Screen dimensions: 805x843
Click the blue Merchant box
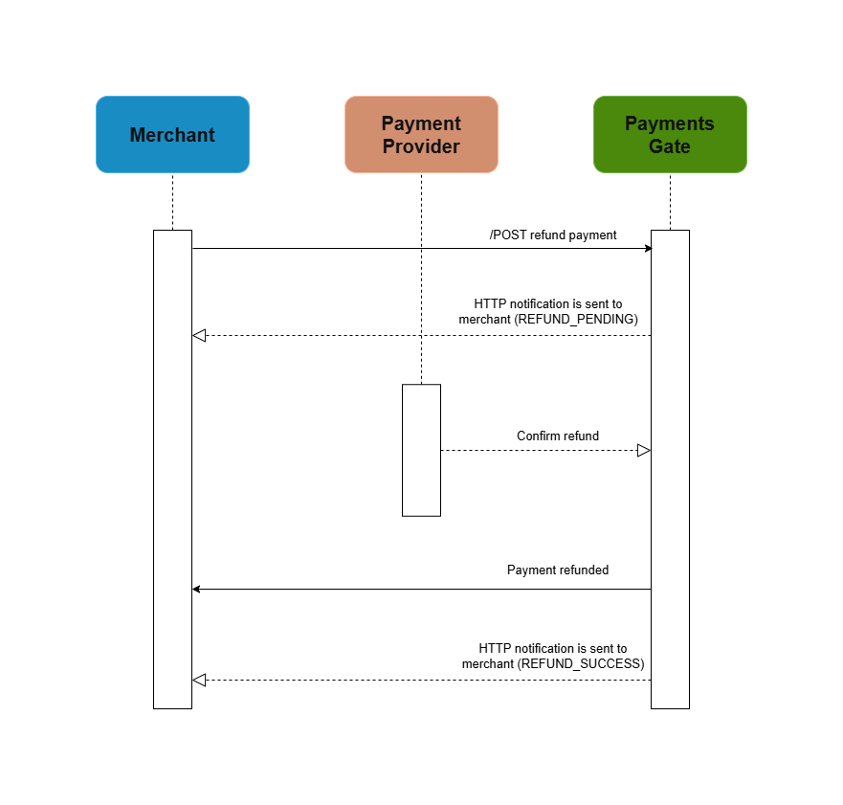point(172,134)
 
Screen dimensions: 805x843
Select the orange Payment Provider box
point(421,134)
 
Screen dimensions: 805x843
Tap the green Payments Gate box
point(670,134)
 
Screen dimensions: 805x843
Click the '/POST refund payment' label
point(553,235)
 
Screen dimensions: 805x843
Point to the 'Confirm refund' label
point(558,436)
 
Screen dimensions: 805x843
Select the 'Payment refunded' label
point(558,570)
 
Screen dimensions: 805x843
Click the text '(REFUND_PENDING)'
point(576,319)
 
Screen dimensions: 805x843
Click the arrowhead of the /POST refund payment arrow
point(647,249)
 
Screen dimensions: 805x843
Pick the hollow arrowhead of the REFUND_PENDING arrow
point(199,335)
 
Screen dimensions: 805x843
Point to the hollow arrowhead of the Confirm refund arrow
point(644,450)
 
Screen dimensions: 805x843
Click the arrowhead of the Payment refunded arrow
point(196,589)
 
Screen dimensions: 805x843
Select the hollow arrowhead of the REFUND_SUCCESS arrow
point(199,680)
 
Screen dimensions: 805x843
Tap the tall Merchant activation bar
point(172,469)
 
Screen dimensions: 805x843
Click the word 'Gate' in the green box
point(670,146)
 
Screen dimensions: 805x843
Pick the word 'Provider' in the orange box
point(421,146)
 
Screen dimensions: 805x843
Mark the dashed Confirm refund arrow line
point(536,450)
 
